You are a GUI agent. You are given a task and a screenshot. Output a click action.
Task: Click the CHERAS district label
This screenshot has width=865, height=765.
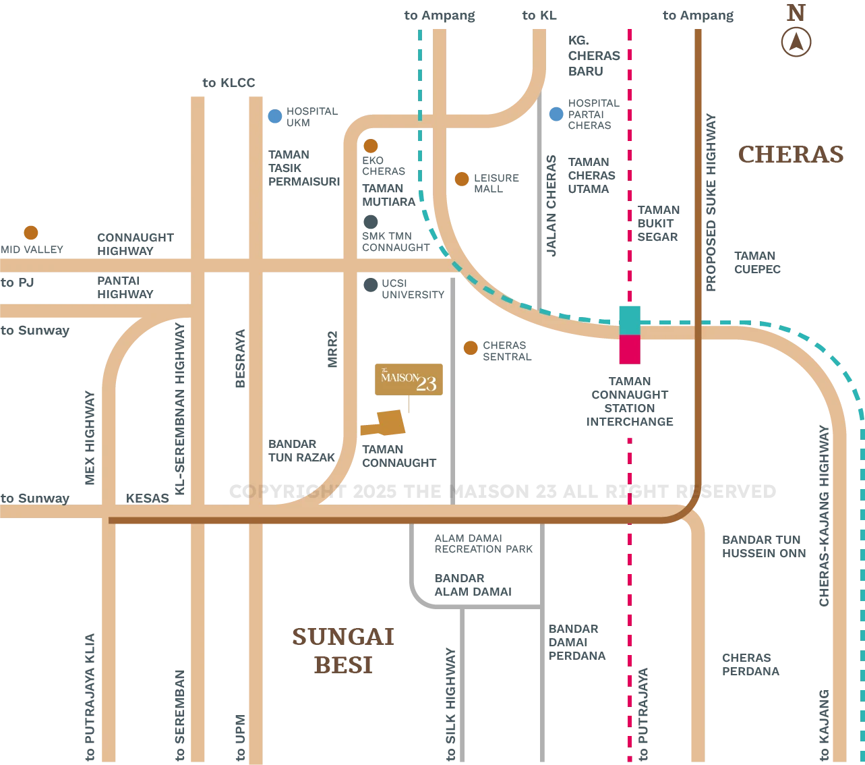(792, 157)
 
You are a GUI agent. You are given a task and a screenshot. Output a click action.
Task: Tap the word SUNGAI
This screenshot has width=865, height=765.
(342, 637)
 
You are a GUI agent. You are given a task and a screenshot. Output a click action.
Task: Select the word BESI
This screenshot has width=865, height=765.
(342, 664)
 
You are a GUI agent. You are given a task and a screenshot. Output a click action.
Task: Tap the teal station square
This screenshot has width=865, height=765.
(630, 319)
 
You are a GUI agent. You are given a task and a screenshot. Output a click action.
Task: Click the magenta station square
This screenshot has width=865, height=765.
(630, 350)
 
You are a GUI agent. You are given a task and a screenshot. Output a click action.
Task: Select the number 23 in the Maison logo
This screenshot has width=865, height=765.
(426, 385)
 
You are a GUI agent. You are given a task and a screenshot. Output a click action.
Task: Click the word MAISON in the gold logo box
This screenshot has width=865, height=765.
(399, 378)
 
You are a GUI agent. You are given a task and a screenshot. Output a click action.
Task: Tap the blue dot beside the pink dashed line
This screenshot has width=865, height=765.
(556, 115)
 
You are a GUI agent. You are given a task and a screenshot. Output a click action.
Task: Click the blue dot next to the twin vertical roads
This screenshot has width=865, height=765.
(274, 116)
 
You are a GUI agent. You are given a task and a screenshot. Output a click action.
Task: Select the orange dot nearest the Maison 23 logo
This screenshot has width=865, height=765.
(471, 348)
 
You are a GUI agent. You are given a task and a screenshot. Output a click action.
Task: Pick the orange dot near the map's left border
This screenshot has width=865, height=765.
(31, 233)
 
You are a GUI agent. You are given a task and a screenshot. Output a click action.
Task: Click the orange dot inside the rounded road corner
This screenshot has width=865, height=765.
(370, 146)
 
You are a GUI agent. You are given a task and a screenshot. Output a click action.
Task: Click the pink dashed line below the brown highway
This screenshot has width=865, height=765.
(630, 607)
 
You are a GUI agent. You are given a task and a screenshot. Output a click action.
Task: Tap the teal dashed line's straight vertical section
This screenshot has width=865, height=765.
(421, 81)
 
